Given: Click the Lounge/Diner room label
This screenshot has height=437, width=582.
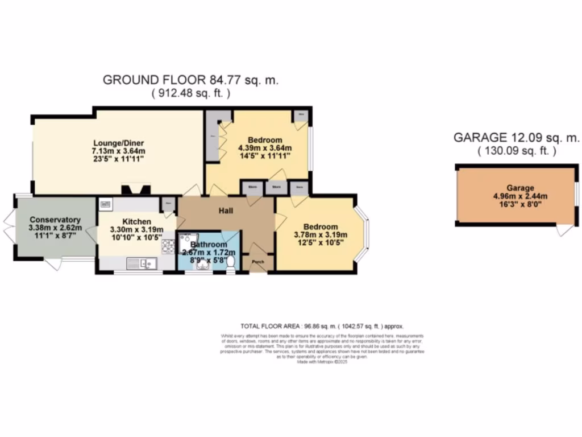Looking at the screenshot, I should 119,143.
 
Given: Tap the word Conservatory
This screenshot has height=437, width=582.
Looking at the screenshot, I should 55,220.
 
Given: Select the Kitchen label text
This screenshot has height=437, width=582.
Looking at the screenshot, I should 136,221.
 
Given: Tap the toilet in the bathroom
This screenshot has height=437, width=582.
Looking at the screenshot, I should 230,263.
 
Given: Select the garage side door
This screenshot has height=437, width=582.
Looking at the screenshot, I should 564,229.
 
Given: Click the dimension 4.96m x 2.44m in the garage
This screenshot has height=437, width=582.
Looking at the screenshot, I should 521,197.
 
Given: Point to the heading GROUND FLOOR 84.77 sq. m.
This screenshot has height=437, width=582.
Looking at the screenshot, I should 190,80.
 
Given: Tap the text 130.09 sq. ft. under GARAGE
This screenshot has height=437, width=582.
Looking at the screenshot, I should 517,151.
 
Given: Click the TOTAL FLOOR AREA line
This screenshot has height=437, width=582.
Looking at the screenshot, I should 322,327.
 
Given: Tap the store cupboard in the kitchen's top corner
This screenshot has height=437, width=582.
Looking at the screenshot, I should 168,203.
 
